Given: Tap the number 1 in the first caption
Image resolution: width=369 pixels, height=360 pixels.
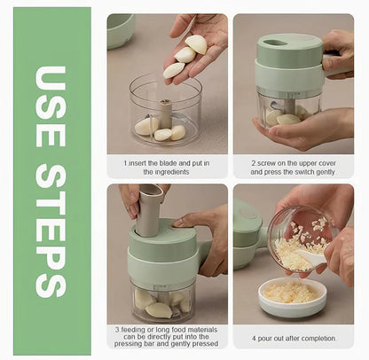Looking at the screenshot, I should [x=126, y=162].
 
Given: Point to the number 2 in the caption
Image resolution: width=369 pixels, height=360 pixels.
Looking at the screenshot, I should [x=254, y=162].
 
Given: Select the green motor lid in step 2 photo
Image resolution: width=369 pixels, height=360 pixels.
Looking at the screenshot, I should [x=290, y=62].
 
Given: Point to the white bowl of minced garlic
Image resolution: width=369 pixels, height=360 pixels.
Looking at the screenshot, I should [x=292, y=295].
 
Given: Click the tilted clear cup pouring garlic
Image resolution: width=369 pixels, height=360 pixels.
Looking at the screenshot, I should [x=302, y=237].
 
